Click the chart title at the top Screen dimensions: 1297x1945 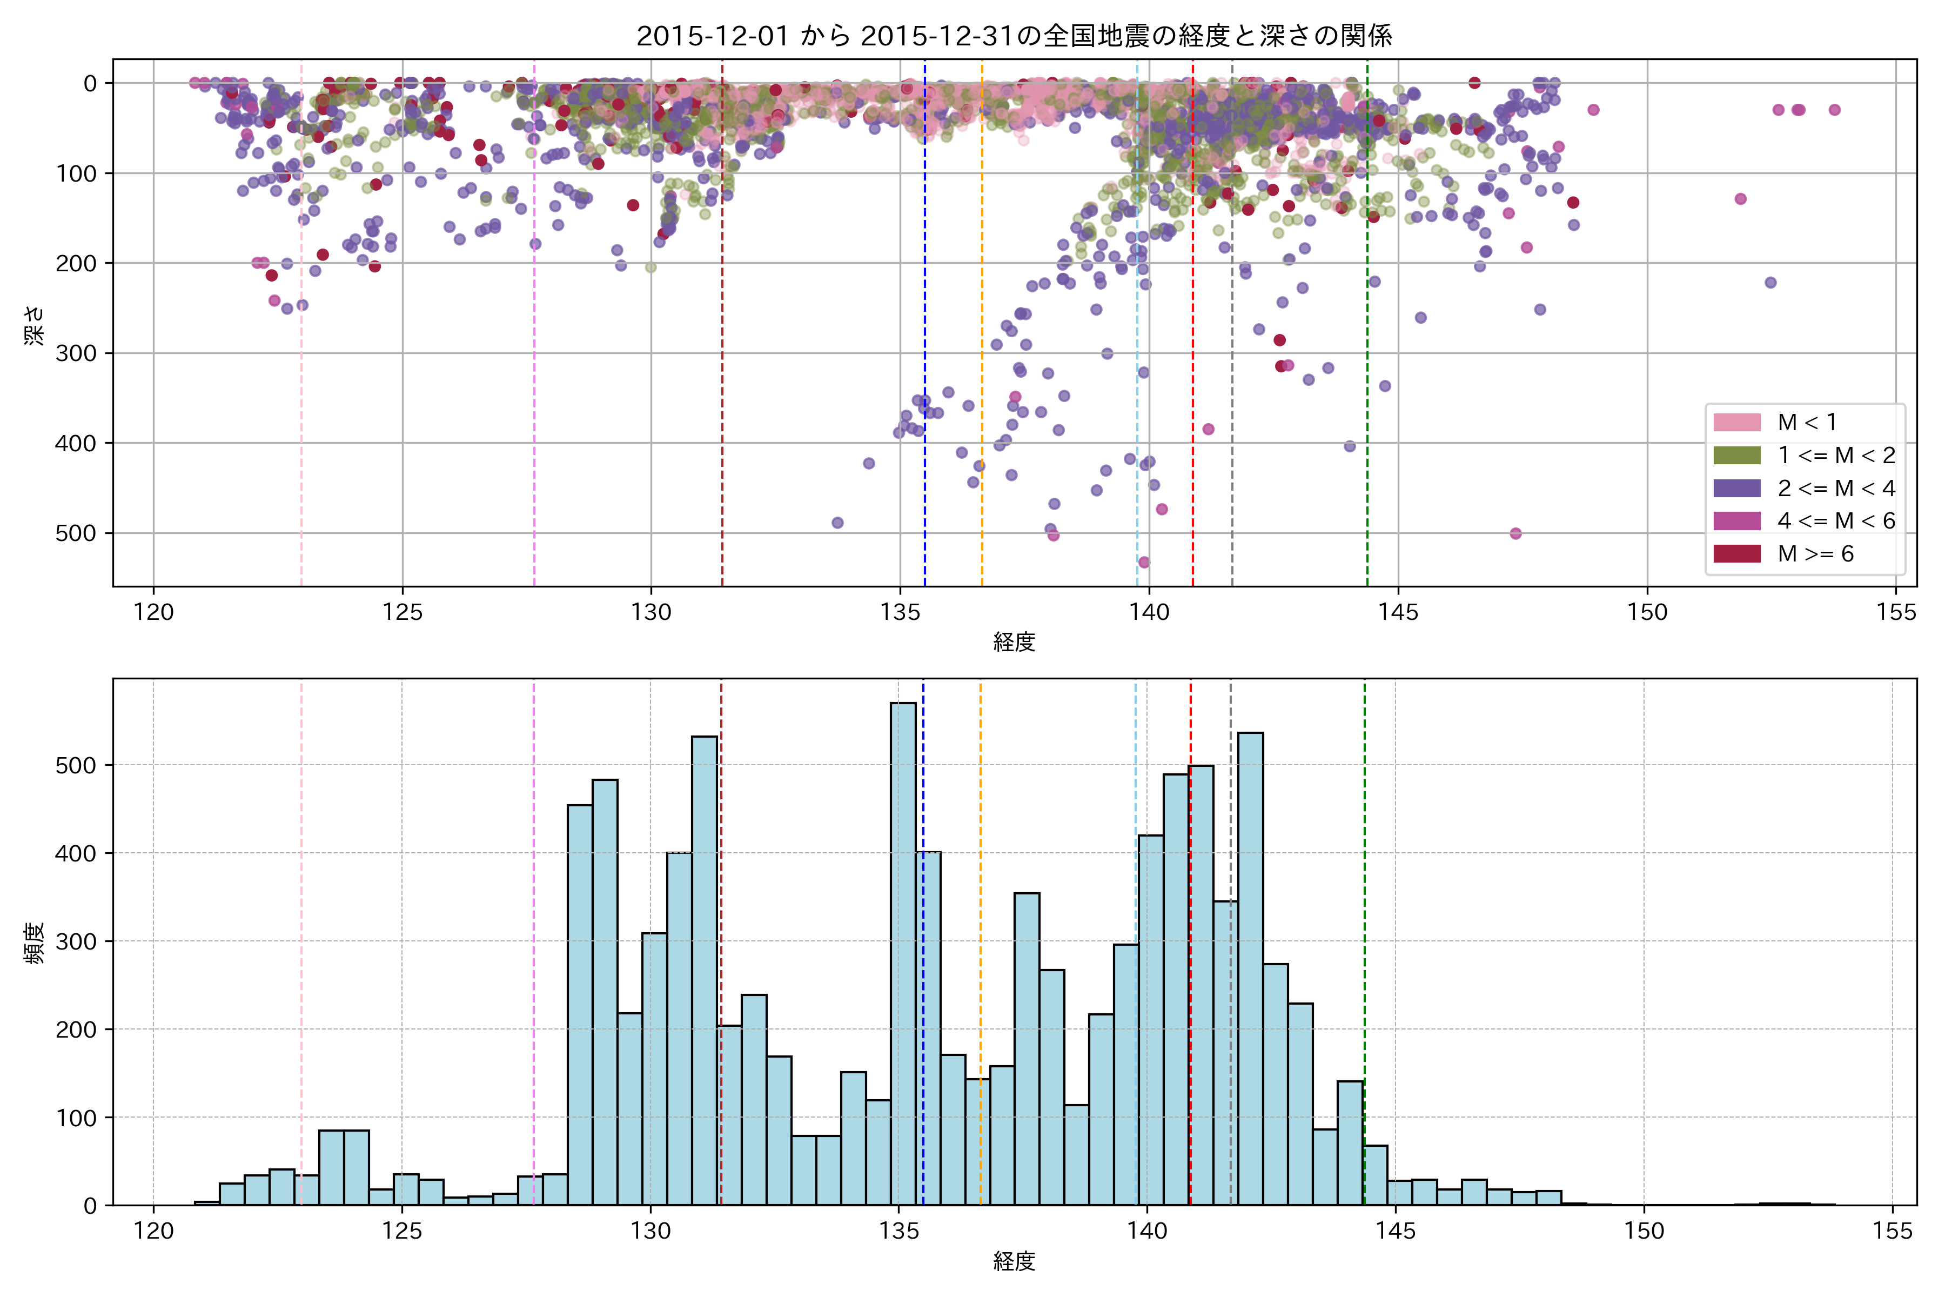click(x=1014, y=36)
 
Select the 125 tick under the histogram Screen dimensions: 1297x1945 click(x=402, y=1232)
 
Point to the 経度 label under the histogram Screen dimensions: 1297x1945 click(x=1014, y=1261)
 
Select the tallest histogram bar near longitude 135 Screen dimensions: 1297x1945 click(x=903, y=951)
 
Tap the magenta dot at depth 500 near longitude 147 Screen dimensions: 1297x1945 click(x=1516, y=533)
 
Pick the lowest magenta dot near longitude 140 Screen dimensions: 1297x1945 click(x=1144, y=563)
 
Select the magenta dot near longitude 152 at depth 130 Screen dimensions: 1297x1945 click(x=1741, y=198)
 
